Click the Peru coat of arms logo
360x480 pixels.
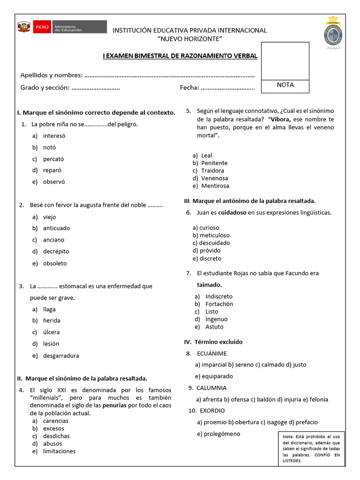(x=23, y=27)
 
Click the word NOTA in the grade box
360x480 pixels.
(x=285, y=85)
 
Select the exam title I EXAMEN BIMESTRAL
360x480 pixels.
(x=180, y=56)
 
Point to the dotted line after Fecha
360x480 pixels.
(x=228, y=88)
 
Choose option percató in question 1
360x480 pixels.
(x=53, y=159)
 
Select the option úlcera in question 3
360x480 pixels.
(x=52, y=332)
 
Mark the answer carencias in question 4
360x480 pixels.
(x=56, y=420)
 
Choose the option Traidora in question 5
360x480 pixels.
(x=213, y=171)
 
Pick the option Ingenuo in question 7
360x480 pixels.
(x=217, y=319)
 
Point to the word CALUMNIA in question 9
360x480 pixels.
(x=211, y=388)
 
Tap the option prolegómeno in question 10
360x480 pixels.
(x=218, y=434)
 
